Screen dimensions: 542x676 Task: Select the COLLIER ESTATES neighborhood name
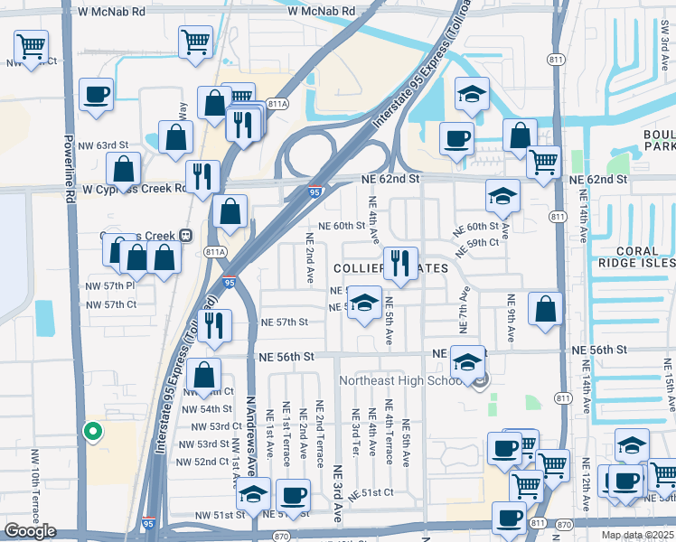click(x=390, y=269)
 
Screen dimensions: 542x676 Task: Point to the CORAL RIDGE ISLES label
click(x=636, y=256)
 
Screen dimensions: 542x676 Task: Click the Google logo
click(x=30, y=530)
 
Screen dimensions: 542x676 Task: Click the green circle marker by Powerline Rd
click(x=91, y=432)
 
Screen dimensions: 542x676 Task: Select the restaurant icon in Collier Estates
click(x=400, y=263)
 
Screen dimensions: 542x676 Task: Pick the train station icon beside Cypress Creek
click(x=184, y=236)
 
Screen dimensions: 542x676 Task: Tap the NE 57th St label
click(x=285, y=322)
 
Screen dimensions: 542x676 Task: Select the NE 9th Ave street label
click(x=512, y=317)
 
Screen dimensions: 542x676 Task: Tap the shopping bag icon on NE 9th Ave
click(x=546, y=309)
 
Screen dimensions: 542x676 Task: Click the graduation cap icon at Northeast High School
click(x=467, y=361)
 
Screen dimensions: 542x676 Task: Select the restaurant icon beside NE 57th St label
click(x=214, y=326)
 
